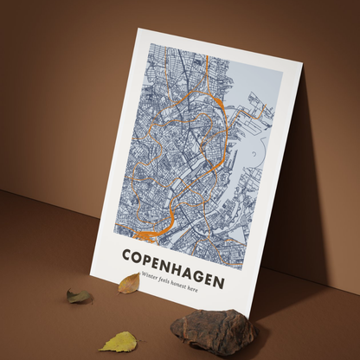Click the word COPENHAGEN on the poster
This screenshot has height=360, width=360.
(x=173, y=268)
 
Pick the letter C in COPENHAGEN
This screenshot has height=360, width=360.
(x=127, y=255)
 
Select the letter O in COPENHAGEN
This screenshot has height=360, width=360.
(x=137, y=258)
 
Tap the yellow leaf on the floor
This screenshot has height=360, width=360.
(x=119, y=342)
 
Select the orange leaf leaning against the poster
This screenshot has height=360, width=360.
(x=129, y=283)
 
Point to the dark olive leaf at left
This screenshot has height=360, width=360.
(x=79, y=297)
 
